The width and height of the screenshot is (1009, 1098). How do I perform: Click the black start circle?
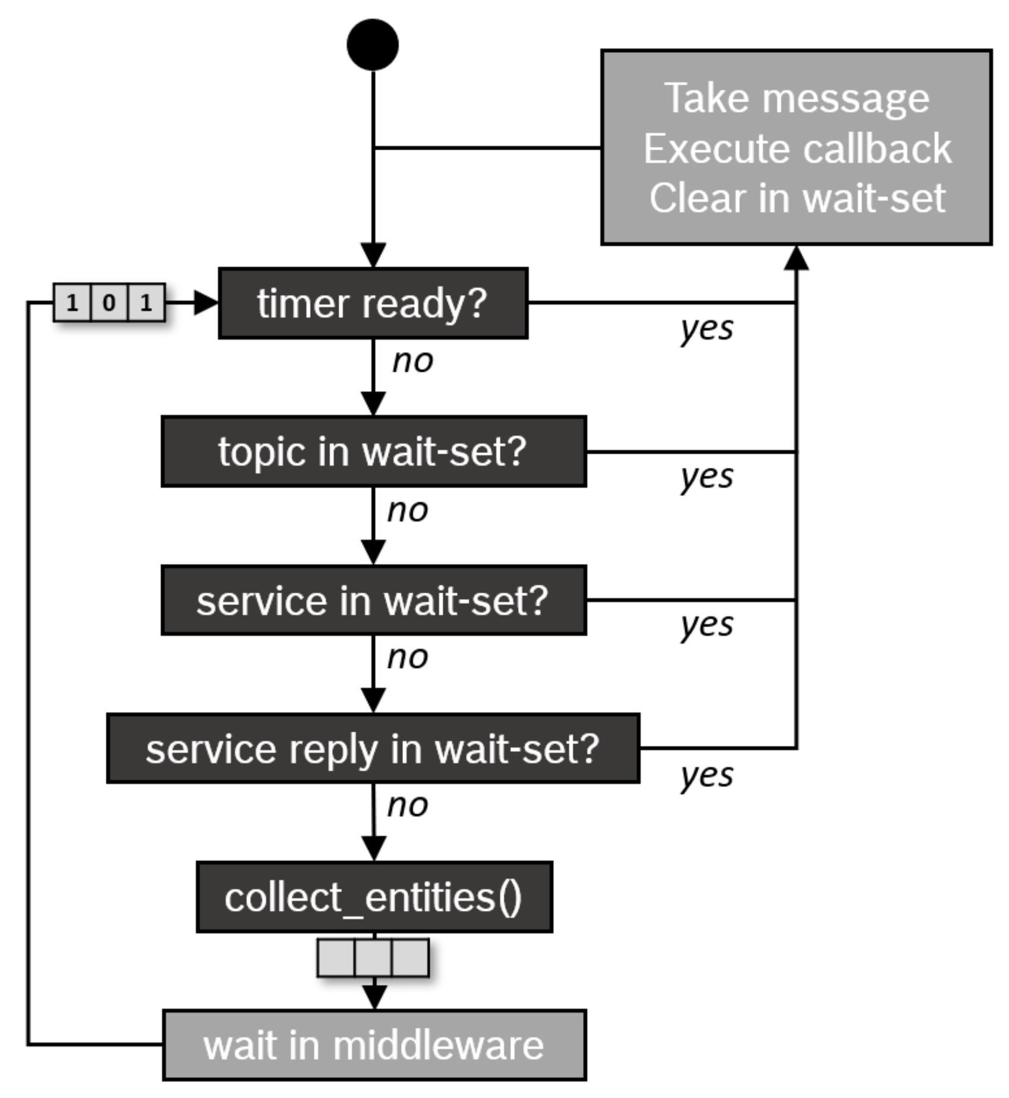[x=373, y=45]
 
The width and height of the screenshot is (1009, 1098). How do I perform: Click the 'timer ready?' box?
[x=373, y=303]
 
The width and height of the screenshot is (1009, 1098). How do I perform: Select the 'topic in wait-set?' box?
[x=373, y=452]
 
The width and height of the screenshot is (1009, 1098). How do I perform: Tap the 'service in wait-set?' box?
[x=373, y=600]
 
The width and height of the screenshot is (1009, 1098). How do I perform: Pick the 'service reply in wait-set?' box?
[x=373, y=748]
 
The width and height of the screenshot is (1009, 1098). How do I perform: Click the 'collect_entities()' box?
[x=374, y=897]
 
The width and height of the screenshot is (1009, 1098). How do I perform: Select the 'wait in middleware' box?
[x=374, y=1045]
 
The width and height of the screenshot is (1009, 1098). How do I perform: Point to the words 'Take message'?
[x=797, y=98]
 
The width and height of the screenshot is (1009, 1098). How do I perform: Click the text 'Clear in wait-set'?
[x=797, y=198]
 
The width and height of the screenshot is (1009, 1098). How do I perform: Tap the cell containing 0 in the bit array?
[x=109, y=303]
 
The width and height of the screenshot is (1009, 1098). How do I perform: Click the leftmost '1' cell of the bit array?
[x=72, y=303]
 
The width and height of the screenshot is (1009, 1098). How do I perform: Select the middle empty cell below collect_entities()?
[x=373, y=958]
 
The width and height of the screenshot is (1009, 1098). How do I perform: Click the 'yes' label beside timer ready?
[x=707, y=328]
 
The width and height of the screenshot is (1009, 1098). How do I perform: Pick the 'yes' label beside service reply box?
[x=707, y=775]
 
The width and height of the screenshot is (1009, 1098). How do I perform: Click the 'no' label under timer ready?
[x=412, y=361]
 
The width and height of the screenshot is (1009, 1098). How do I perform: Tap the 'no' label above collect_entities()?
[x=408, y=805]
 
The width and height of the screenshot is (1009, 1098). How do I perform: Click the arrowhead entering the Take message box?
[x=796, y=258]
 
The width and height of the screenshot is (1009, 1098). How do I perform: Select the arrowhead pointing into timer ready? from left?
[x=206, y=303]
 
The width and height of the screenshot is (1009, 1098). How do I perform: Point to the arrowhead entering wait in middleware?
[x=374, y=996]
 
